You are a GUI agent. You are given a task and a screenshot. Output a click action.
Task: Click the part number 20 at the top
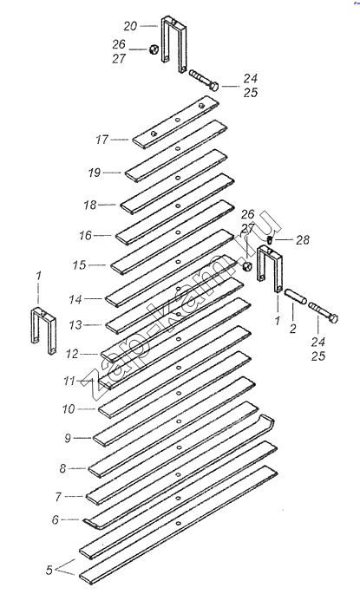click(x=130, y=26)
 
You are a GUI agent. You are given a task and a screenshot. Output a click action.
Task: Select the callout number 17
click(x=102, y=140)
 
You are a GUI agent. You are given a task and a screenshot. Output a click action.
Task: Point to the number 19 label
click(x=95, y=173)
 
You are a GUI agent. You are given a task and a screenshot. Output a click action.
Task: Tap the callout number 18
click(x=90, y=205)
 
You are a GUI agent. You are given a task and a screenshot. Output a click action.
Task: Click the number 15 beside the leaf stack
click(x=79, y=265)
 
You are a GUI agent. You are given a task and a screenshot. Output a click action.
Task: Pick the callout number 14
click(x=75, y=299)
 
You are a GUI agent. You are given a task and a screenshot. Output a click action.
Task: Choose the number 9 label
click(x=68, y=438)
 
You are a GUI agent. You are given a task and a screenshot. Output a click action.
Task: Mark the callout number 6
click(x=56, y=519)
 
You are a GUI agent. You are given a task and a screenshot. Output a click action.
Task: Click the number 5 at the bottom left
click(x=49, y=570)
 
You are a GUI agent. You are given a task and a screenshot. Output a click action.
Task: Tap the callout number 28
click(x=303, y=240)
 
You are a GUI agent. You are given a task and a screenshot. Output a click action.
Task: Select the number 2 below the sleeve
click(x=293, y=329)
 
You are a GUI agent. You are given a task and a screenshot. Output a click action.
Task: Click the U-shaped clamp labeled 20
click(x=173, y=43)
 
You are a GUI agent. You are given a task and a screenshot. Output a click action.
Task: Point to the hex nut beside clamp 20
click(x=152, y=49)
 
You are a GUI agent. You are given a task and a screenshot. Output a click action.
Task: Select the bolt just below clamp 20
click(x=204, y=80)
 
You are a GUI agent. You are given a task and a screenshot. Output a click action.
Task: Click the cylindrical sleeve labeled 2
click(x=296, y=297)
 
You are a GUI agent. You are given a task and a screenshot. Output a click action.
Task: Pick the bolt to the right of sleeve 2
click(x=324, y=313)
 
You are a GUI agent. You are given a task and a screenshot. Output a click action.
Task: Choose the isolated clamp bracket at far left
click(x=43, y=330)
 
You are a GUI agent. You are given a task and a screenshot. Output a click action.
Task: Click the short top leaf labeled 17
click(x=176, y=122)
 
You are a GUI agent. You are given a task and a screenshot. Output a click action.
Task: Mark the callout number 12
click(x=72, y=354)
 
